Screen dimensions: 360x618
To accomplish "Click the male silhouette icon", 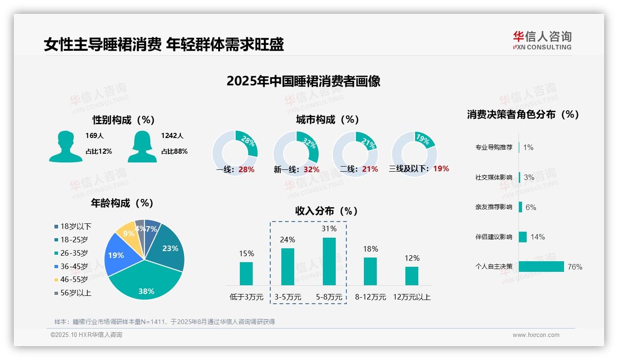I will tap(65, 146).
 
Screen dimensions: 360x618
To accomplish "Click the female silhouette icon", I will tap(142, 146).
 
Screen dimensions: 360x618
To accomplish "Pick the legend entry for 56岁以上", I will tap(73, 293).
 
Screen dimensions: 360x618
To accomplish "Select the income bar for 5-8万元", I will tap(329, 261).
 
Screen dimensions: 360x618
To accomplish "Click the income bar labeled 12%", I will tap(411, 276).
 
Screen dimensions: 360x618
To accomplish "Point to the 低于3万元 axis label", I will tap(246, 297).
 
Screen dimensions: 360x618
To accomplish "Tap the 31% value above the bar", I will tap(329, 228).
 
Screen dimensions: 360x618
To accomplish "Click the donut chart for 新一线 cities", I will tap(296, 154).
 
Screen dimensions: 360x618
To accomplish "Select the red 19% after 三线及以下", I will tap(441, 168).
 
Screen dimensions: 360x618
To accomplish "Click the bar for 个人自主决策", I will tap(541, 266).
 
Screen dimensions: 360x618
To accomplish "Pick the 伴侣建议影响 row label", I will tap(493, 237).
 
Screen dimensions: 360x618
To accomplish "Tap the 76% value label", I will tap(575, 267).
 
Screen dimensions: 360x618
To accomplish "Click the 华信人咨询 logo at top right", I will tap(542, 40).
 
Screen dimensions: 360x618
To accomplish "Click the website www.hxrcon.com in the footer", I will tap(535, 335).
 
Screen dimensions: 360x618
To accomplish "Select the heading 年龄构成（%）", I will tap(122, 203).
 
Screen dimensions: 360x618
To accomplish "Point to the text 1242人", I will tap(172, 136).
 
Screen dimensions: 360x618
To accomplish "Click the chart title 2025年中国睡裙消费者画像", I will tap(303, 81).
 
